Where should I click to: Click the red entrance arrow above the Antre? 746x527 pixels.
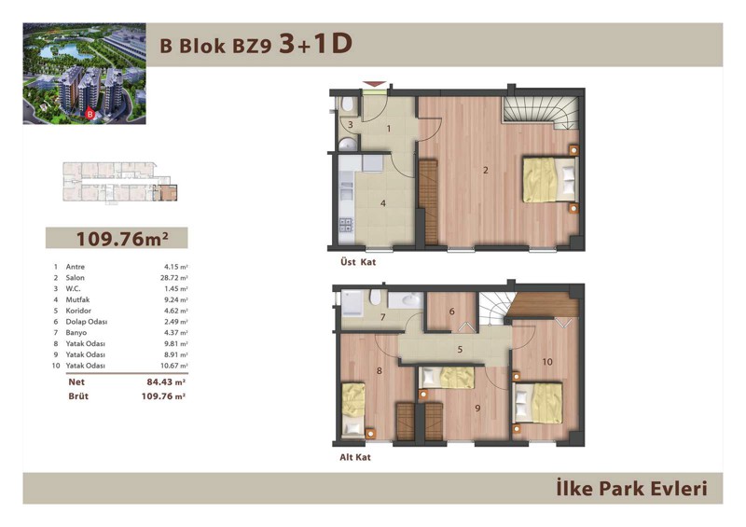(375, 84)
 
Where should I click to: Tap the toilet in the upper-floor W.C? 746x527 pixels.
(347, 104)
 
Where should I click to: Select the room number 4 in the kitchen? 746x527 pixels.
(383, 203)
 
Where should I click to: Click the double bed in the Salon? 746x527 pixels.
(550, 179)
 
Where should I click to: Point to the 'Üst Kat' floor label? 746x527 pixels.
(358, 262)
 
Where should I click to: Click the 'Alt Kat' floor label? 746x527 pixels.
(355, 457)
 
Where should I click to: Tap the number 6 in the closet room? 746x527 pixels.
(451, 312)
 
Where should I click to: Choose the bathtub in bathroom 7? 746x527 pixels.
(352, 303)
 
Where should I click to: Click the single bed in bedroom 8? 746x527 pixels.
(353, 409)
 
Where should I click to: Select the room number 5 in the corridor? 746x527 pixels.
(460, 350)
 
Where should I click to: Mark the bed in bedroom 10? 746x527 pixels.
(538, 402)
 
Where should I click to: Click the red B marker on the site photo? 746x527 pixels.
(89, 114)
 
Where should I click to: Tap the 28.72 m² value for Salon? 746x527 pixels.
(174, 278)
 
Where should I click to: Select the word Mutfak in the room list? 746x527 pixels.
(77, 299)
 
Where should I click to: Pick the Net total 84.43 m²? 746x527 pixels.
(166, 381)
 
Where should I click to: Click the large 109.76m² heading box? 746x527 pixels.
(117, 238)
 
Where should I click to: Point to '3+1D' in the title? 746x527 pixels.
(315, 44)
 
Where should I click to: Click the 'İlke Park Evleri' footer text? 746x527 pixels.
(632, 489)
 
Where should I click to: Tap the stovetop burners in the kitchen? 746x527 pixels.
(346, 225)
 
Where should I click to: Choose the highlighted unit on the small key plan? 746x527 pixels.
(169, 193)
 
